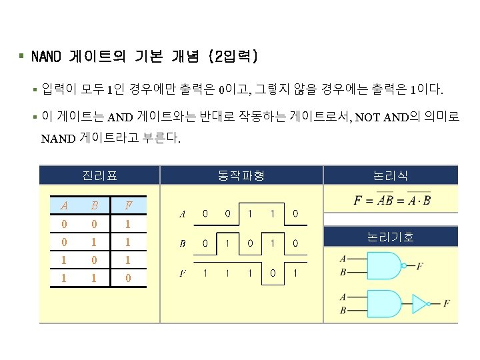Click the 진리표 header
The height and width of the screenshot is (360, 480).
[99, 175]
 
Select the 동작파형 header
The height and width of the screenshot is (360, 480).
[241, 175]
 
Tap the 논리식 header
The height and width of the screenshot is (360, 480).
[391, 175]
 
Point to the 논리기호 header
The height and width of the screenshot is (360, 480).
[391, 236]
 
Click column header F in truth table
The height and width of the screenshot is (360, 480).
[127, 206]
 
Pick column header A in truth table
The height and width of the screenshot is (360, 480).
[63, 206]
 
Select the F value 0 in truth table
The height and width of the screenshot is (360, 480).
[127, 277]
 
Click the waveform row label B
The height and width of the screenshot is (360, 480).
[183, 244]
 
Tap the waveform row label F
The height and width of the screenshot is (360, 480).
[183, 273]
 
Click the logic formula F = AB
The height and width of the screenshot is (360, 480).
[392, 200]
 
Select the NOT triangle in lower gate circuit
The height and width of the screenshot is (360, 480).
[421, 303]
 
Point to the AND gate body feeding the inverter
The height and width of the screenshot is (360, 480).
[377, 303]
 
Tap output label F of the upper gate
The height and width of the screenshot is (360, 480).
[420, 267]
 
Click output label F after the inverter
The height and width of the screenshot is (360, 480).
[446, 303]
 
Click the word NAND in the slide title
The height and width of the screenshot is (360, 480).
[47, 57]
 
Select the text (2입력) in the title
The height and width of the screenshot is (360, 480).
[233, 57]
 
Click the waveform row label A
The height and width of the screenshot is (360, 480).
[183, 215]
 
